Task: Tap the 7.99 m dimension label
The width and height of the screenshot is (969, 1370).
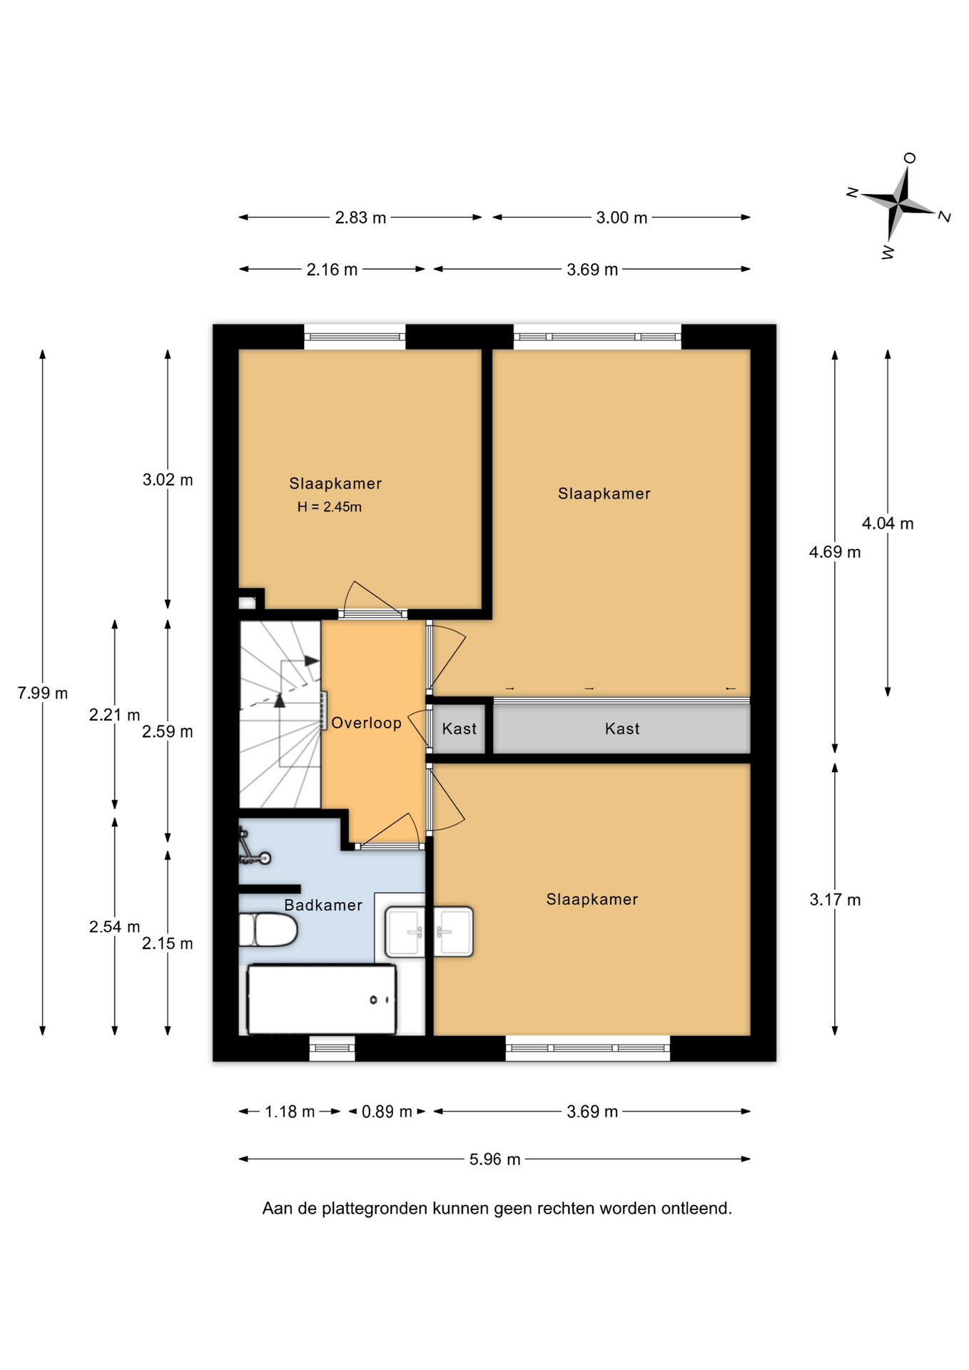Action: pyautogui.click(x=43, y=693)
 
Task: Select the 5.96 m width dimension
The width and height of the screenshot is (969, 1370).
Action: pyautogui.click(x=494, y=1160)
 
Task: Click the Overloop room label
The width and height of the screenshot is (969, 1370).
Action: pyautogui.click(x=367, y=723)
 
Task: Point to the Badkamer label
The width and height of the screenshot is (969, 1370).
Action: pyautogui.click(x=323, y=905)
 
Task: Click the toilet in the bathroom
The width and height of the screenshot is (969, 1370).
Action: pyautogui.click(x=268, y=930)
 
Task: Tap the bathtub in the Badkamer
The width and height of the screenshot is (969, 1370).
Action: pyautogui.click(x=321, y=999)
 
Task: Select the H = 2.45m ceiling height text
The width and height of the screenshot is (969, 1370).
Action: pyautogui.click(x=330, y=507)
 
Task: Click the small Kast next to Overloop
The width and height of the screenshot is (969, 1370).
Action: pyautogui.click(x=459, y=729)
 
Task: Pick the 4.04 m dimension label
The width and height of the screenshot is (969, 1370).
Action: pyautogui.click(x=888, y=524)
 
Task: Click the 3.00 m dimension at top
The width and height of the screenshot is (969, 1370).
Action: pyautogui.click(x=622, y=218)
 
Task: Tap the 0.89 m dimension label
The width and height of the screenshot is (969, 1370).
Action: pyautogui.click(x=387, y=1112)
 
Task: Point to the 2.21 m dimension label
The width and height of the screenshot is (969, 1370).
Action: pyautogui.click(x=114, y=714)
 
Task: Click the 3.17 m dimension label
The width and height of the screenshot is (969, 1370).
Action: pyautogui.click(x=835, y=900)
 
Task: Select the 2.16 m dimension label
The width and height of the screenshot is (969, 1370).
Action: pyautogui.click(x=332, y=270)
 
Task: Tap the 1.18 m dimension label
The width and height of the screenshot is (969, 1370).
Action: pyautogui.click(x=290, y=1112)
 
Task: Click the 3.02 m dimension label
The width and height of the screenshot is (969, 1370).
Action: pyautogui.click(x=168, y=479)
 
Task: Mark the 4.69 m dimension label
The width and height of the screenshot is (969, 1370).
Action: pyautogui.click(x=835, y=552)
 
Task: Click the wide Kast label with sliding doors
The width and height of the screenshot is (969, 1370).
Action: pyautogui.click(x=622, y=729)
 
